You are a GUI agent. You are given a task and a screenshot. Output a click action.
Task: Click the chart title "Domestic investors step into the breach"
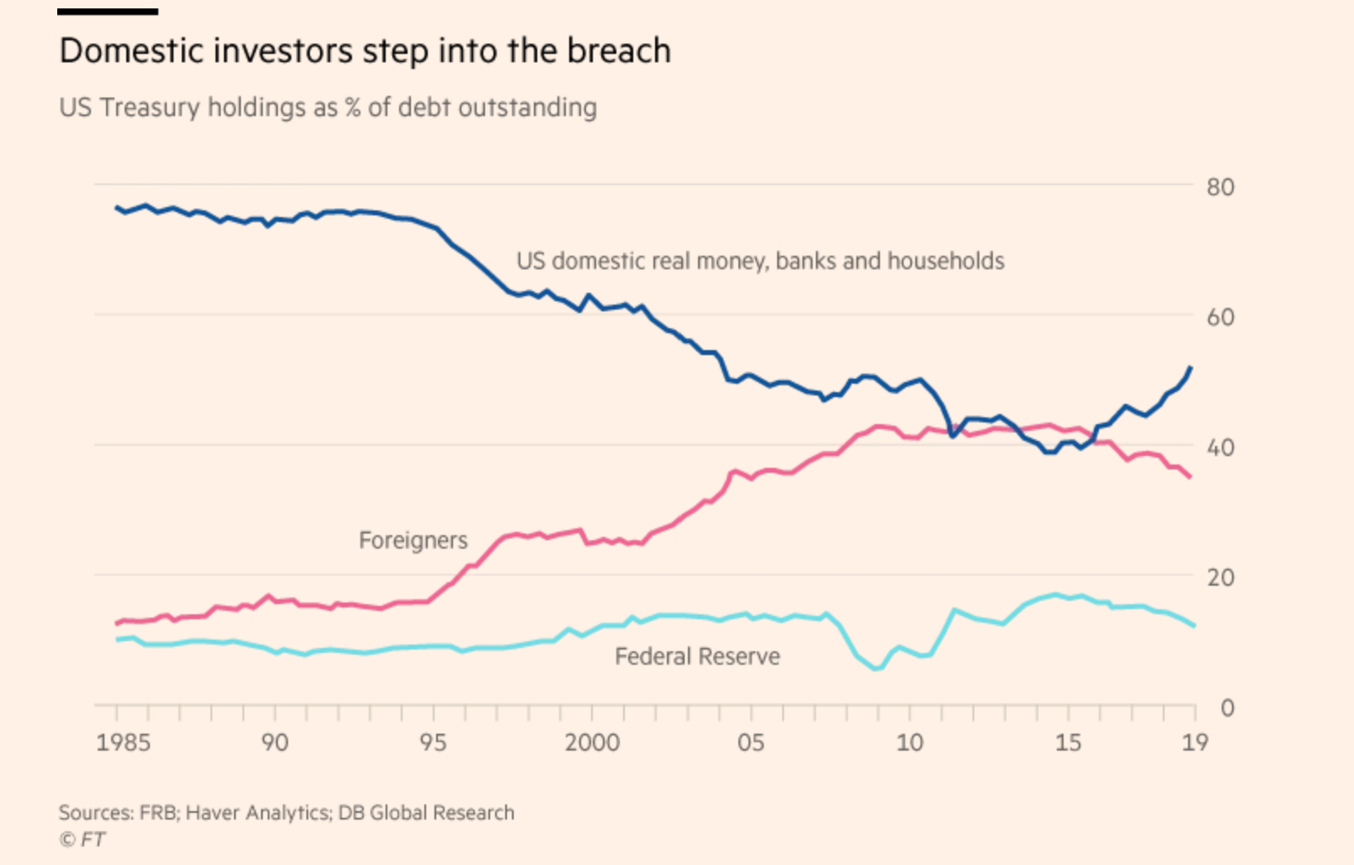tap(365, 51)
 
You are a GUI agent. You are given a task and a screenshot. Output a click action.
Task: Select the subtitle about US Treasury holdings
tap(328, 108)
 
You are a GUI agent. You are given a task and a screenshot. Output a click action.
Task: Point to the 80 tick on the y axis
tap(1220, 187)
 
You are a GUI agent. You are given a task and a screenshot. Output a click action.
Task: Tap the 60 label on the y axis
tap(1220, 317)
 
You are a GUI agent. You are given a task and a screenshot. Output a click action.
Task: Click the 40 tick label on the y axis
tap(1220, 448)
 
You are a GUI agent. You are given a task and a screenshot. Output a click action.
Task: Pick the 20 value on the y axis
tap(1220, 578)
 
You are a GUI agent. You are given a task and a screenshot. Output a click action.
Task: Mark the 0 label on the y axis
tap(1227, 708)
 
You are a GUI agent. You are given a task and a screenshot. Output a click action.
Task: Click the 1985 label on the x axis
tap(123, 743)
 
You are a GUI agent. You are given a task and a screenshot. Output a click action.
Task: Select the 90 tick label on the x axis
tap(275, 743)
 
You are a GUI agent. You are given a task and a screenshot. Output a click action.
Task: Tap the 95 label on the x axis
tap(433, 743)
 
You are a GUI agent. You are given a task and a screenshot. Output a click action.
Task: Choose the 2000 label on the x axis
tap(592, 743)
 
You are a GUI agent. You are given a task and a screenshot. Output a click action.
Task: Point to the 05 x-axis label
tap(750, 743)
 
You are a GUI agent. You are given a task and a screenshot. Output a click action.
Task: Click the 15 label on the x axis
tap(1068, 743)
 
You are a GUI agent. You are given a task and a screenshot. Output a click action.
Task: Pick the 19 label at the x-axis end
tap(1195, 743)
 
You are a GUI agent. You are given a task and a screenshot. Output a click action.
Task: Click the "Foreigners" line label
tap(413, 540)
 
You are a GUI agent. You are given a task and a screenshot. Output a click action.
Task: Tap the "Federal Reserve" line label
tap(697, 656)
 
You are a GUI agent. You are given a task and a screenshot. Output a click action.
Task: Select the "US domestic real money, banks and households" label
tap(760, 262)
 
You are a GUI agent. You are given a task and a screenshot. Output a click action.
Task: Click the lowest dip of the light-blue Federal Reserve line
tap(877, 669)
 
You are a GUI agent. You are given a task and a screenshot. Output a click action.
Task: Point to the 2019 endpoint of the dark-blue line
tap(1190, 368)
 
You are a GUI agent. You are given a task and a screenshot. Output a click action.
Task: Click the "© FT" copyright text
tap(82, 839)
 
